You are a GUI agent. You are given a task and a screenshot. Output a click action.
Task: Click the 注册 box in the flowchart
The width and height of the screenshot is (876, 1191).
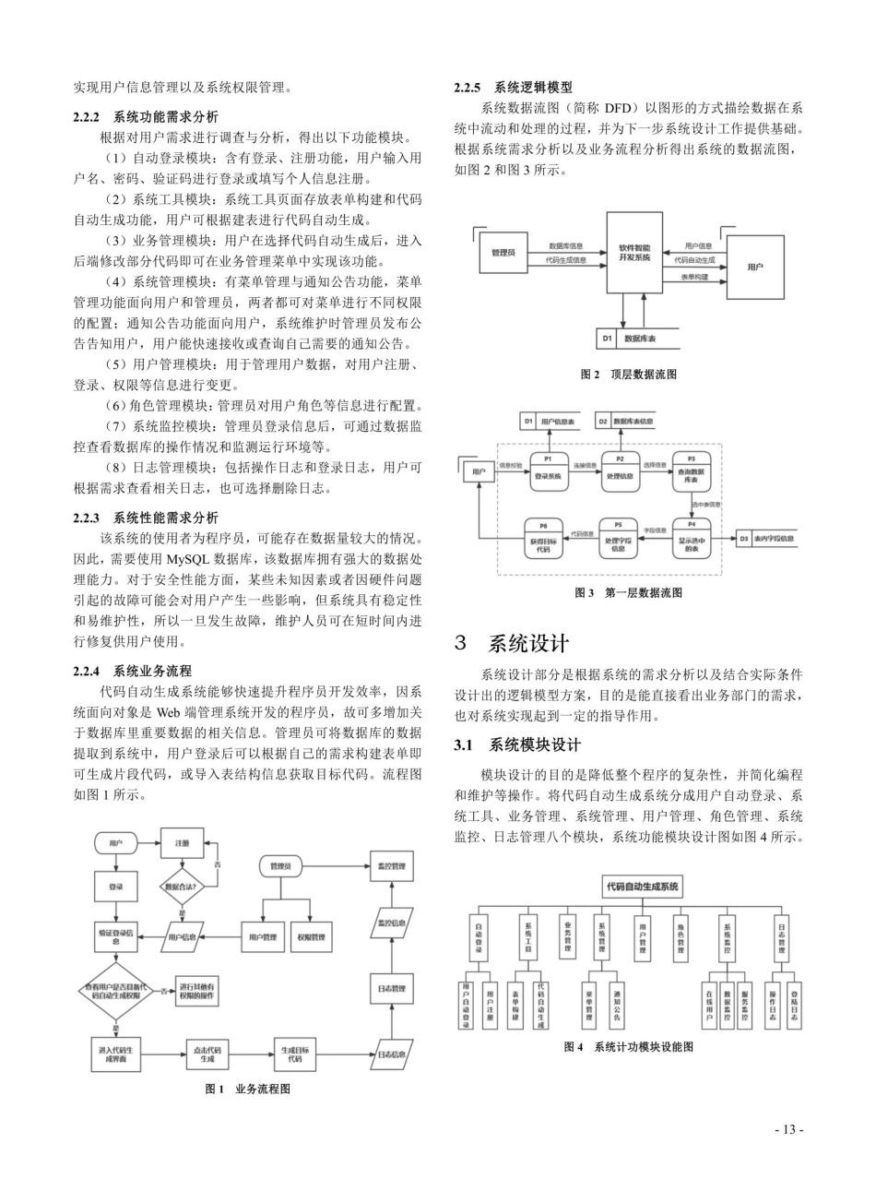click(183, 843)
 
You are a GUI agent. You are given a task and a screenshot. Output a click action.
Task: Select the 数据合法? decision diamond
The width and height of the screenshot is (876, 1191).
click(183, 887)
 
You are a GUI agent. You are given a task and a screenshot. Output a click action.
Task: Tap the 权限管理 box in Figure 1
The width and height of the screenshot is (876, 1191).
click(311, 938)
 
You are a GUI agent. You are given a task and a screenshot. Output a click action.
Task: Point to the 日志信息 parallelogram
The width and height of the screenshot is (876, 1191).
click(392, 1053)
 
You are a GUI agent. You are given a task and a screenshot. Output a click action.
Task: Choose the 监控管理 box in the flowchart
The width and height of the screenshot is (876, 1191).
click(392, 867)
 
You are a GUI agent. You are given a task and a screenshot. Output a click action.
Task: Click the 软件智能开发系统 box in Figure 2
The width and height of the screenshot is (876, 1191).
click(634, 253)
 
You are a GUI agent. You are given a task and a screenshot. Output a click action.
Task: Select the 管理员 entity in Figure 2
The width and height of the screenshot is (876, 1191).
click(503, 252)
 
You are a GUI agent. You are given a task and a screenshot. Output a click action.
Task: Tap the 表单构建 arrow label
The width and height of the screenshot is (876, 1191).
click(695, 277)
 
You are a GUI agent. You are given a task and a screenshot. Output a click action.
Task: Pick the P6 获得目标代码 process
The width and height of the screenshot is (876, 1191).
click(544, 538)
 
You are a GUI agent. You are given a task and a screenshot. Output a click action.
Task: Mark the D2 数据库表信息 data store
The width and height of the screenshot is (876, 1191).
click(624, 421)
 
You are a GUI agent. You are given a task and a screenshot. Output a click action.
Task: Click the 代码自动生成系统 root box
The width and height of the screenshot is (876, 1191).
click(642, 887)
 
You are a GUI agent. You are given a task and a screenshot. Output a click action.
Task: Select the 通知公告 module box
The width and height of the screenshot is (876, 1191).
click(616, 1002)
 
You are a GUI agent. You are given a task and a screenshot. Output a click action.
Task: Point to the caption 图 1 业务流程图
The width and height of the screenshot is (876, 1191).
click(248, 1089)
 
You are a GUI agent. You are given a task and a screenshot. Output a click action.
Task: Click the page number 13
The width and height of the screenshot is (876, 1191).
click(789, 1129)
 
